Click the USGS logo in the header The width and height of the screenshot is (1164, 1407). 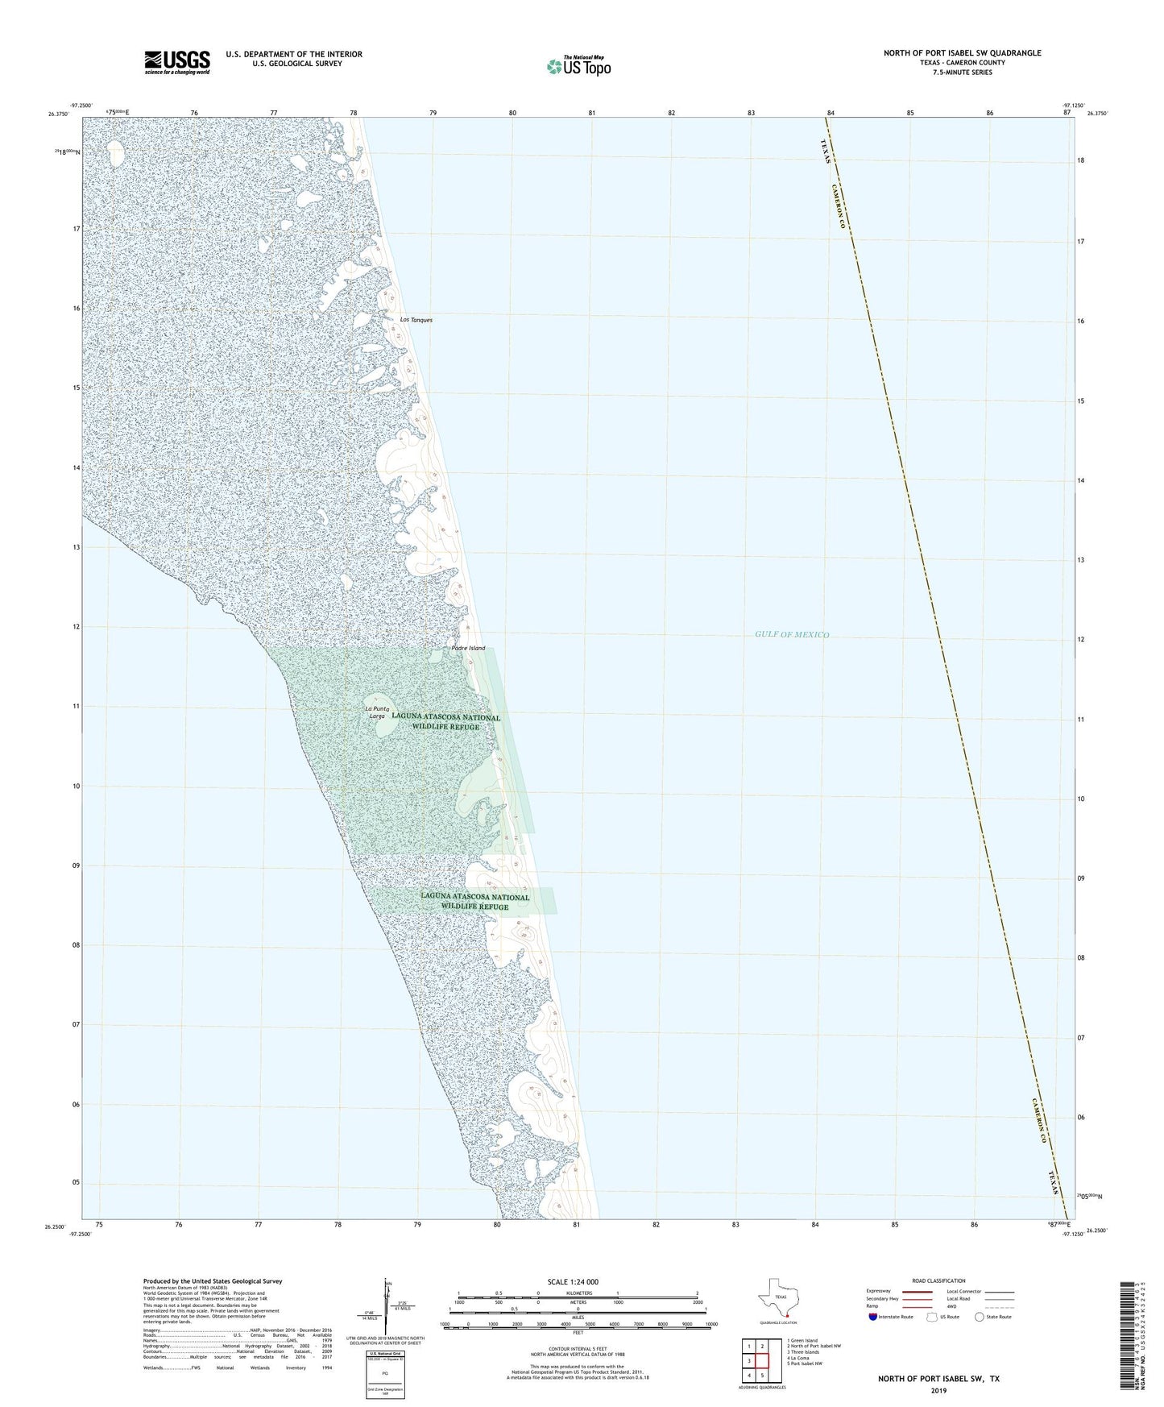pos(177,61)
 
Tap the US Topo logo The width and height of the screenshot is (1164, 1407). pos(578,66)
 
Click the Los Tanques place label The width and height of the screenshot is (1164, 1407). pos(416,320)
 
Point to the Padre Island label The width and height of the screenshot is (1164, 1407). pos(469,648)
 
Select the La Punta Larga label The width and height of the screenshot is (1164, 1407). pos(376,712)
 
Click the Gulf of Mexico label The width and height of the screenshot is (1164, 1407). pos(792,634)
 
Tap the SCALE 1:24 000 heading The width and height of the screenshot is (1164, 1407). pos(572,1281)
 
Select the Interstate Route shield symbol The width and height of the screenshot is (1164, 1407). pos(874,1317)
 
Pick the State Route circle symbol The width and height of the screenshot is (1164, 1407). pos(980,1317)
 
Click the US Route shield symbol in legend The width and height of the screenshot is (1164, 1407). pos(933,1317)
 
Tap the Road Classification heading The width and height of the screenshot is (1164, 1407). pos(938,1280)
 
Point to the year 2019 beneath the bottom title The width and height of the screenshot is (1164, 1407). pos(938,1391)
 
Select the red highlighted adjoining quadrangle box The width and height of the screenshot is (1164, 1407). pos(762,1361)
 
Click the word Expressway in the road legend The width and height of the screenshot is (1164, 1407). pos(879,1291)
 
